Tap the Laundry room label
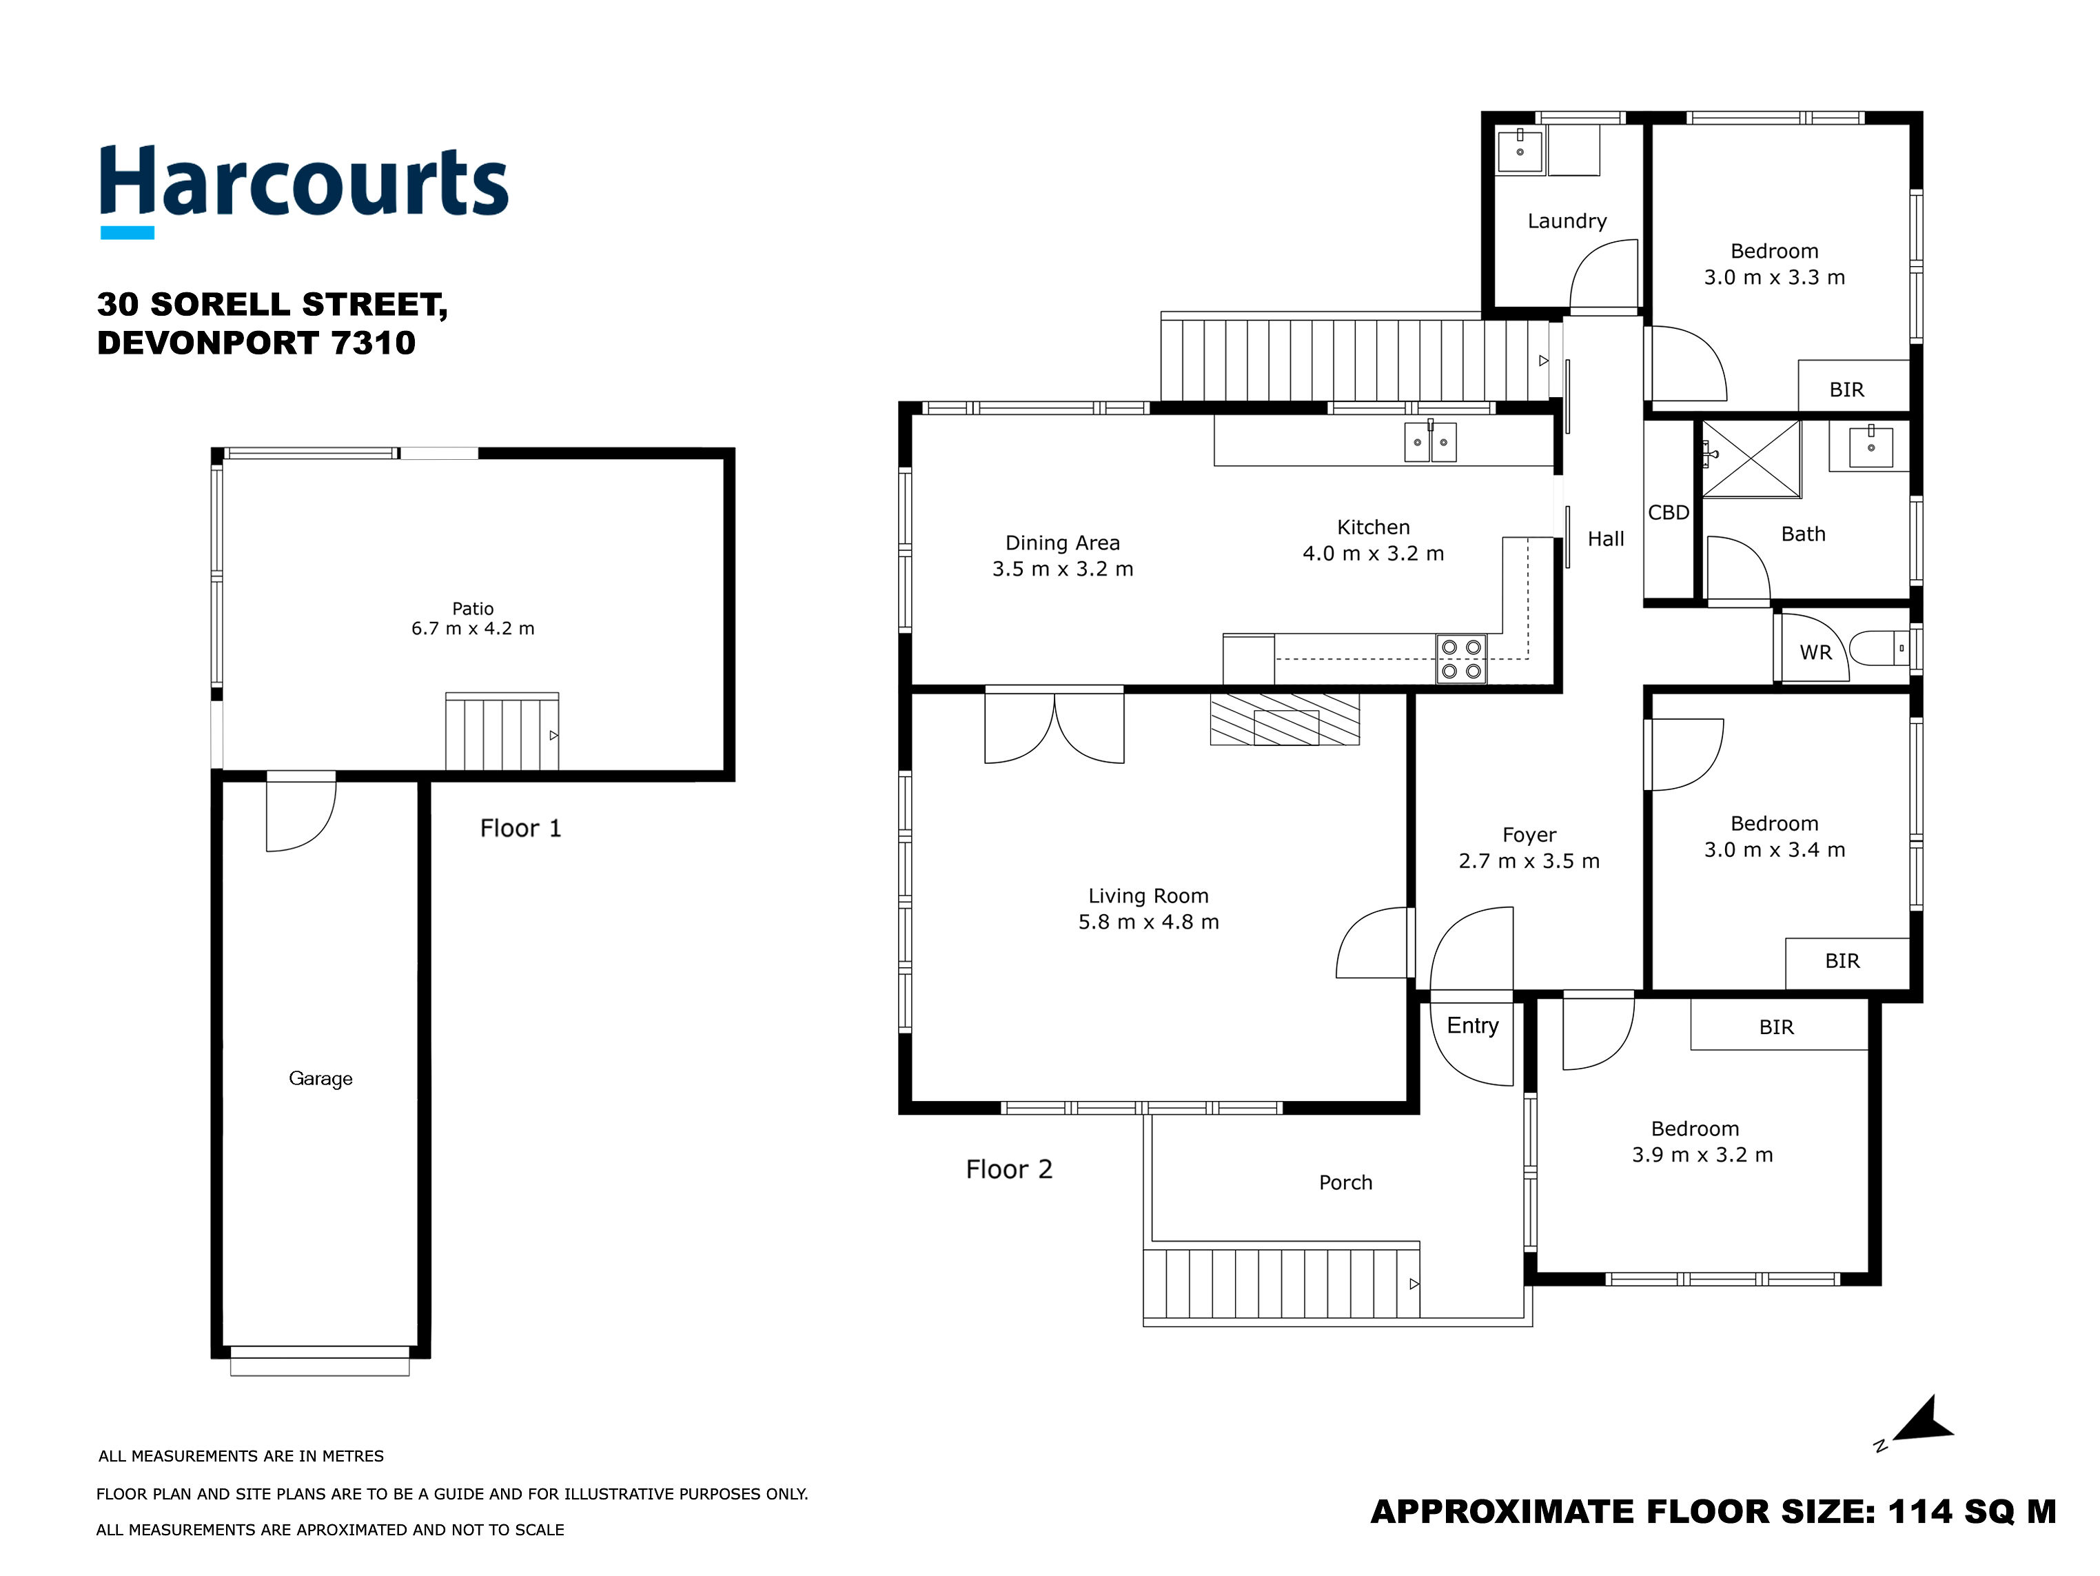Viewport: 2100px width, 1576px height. coord(1567,221)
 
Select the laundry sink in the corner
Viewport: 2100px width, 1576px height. coord(1519,151)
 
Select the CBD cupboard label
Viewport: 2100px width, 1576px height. coord(1668,513)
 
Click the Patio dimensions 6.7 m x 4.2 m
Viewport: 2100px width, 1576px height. coord(473,629)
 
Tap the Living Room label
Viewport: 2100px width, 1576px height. coord(1148,896)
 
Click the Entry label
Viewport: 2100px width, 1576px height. coord(1472,1025)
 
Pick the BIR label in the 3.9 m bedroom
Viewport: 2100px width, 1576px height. coord(1776,1027)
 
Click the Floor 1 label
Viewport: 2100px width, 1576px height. coord(520,828)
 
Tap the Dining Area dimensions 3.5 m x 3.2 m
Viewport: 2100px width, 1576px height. coord(1062,569)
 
